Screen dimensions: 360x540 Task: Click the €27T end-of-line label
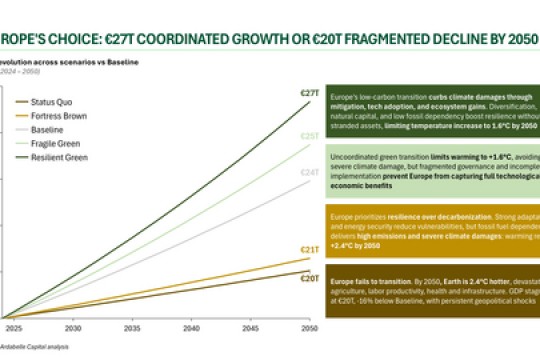[x=310, y=93]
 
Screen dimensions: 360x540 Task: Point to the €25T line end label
[x=310, y=135]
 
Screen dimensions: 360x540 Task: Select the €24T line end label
[x=310, y=171]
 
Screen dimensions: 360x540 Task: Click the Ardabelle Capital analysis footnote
[x=35, y=346]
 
